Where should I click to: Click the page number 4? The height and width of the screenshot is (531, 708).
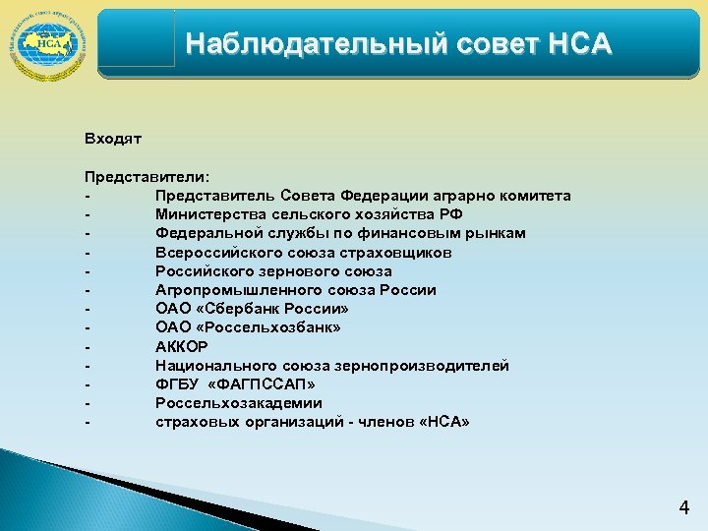[684, 508]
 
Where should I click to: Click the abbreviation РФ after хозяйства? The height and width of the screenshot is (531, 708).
[451, 214]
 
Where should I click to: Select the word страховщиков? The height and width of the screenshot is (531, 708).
[399, 252]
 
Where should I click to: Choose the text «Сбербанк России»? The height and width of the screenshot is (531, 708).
[269, 309]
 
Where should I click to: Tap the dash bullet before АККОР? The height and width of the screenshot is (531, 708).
[88, 346]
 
